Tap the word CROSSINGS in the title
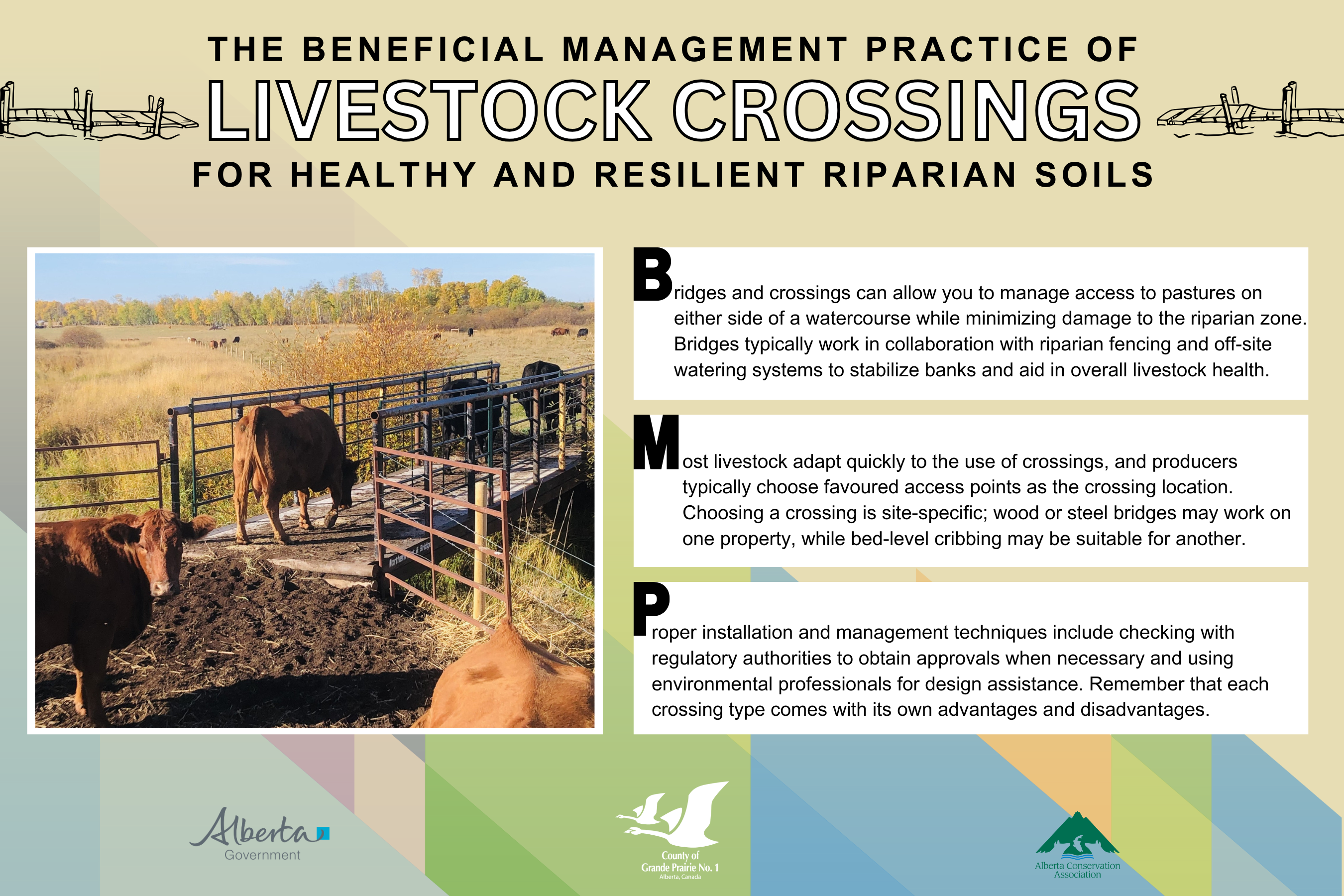click(907, 111)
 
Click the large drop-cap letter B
click(653, 274)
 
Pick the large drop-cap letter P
click(651, 609)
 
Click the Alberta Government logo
click(260, 834)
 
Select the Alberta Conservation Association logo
click(1077, 845)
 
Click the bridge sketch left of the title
click(97, 111)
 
